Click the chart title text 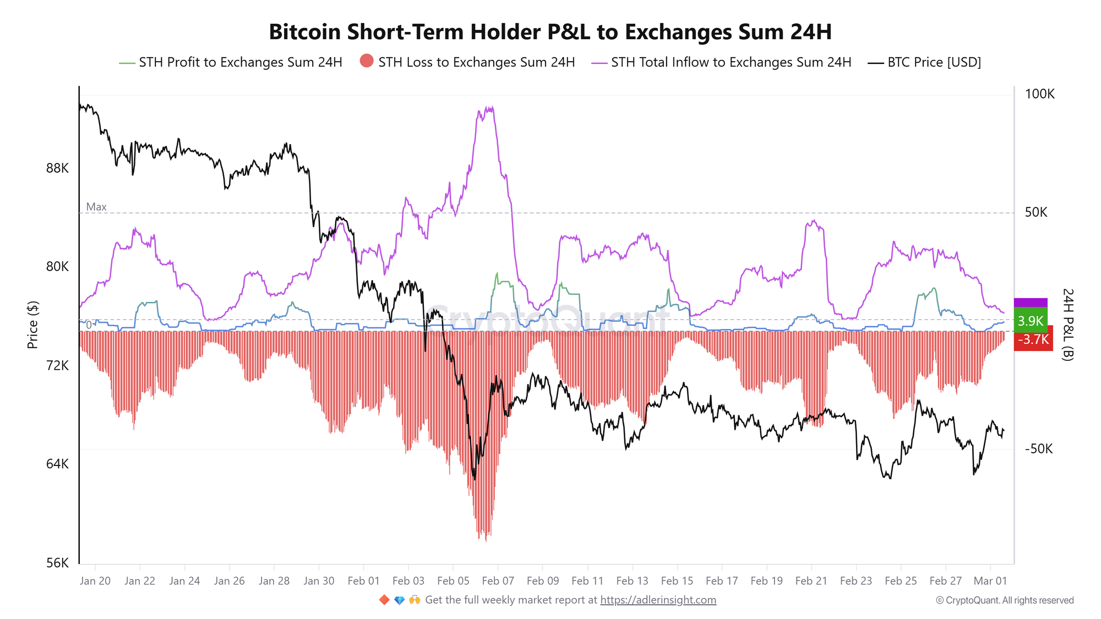[x=550, y=32]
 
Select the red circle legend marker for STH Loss [x=367, y=61]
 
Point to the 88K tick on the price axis [x=57, y=168]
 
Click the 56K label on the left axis [x=57, y=563]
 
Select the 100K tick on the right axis [x=1039, y=94]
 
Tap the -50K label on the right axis [x=1038, y=449]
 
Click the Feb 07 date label [x=498, y=581]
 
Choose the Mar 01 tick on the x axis [x=990, y=581]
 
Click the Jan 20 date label [x=95, y=581]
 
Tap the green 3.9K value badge [x=1030, y=321]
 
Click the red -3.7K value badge [x=1033, y=339]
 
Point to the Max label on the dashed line [x=96, y=207]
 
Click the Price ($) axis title [x=32, y=325]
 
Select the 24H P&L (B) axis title [x=1067, y=325]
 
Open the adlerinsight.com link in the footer [x=658, y=600]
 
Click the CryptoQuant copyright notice [x=1005, y=600]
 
